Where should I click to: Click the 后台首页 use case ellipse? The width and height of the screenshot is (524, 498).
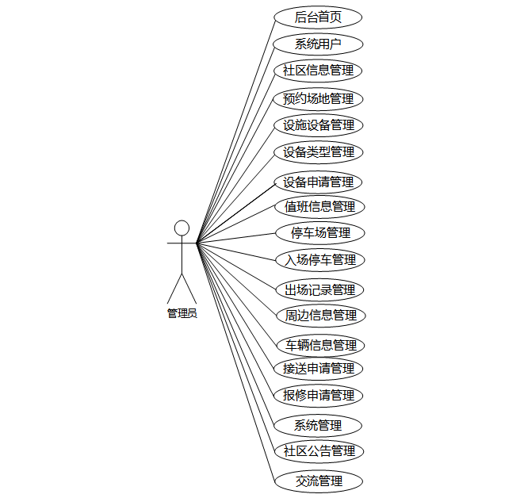(318, 17)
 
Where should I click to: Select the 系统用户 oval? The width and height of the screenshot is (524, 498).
(318, 44)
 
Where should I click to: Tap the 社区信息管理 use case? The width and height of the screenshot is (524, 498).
(318, 71)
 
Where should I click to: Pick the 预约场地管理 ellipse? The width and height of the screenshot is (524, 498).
(318, 99)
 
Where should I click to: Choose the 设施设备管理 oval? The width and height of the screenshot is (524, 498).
(319, 125)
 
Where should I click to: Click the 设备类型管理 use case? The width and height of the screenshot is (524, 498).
(319, 152)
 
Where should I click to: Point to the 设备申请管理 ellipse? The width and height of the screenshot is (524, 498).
(318, 182)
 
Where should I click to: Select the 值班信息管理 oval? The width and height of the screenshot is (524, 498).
(319, 206)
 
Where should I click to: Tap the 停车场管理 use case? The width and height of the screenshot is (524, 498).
(320, 233)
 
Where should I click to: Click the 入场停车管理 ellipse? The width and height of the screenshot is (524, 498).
(320, 260)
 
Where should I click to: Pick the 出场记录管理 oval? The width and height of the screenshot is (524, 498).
(319, 289)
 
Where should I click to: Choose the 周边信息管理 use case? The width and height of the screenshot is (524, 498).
(321, 316)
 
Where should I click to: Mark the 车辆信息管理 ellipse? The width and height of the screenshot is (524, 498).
(321, 345)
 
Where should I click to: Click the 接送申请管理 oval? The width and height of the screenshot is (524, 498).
(318, 369)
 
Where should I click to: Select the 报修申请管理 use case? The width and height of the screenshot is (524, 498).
(318, 396)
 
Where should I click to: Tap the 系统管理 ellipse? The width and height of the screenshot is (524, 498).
(318, 426)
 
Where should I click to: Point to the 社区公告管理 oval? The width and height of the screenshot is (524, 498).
(319, 451)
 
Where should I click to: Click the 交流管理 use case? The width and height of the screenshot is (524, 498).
(319, 481)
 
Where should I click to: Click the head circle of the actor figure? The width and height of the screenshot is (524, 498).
(182, 228)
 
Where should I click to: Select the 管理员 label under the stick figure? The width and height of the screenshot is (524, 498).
(182, 313)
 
